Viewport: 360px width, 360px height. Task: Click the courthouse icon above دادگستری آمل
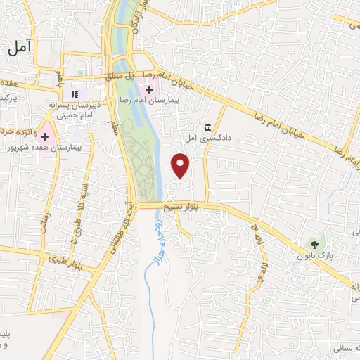click(208, 127)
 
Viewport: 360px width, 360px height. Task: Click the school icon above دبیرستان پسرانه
click(75, 94)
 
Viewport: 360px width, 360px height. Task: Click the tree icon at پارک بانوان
click(314, 245)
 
